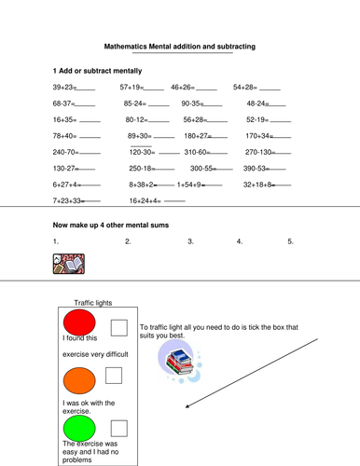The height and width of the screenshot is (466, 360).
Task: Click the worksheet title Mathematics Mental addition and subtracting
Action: (180, 46)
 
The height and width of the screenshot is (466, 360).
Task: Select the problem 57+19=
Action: (133, 87)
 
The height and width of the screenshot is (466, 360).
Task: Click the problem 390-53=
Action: (257, 169)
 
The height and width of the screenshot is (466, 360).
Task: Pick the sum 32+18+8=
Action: (263, 185)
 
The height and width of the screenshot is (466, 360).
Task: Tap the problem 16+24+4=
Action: (146, 200)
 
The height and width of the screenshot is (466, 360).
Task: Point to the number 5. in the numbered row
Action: (291, 241)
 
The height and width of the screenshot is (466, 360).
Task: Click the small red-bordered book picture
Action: (69, 264)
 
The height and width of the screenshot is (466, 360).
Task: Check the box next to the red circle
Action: (119, 326)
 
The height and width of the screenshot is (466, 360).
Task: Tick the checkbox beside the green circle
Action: (119, 428)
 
